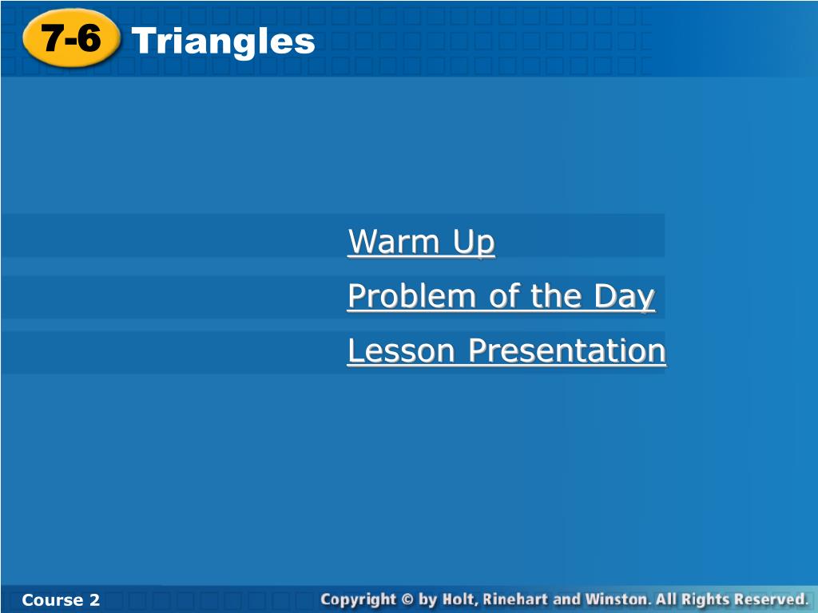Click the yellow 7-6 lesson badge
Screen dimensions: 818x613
point(71,38)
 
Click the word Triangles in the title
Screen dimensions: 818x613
point(224,42)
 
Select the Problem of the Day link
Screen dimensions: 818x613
point(502,296)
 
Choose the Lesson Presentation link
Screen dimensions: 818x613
point(506,350)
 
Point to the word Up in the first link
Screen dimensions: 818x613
point(474,243)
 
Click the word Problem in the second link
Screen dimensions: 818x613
point(411,296)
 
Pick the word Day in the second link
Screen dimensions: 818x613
point(625,297)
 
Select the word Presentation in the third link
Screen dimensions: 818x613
point(567,350)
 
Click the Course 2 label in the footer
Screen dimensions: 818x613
point(61,600)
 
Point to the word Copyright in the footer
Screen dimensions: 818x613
point(359,599)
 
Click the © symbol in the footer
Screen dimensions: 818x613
point(408,599)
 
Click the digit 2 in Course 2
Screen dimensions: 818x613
point(94,600)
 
